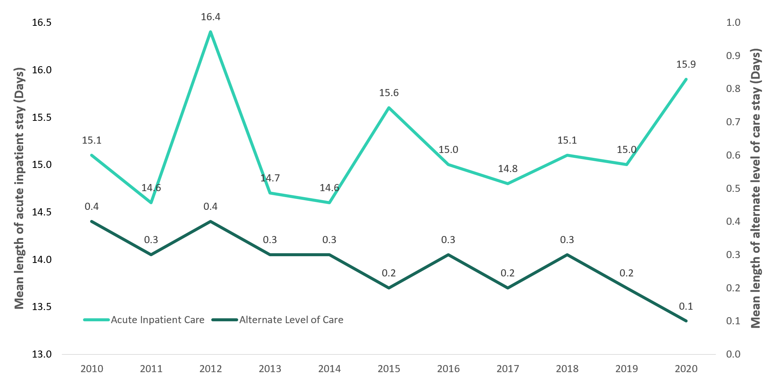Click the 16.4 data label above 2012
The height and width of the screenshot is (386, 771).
pyautogui.click(x=211, y=17)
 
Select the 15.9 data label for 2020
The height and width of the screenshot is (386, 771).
pyautogui.click(x=686, y=64)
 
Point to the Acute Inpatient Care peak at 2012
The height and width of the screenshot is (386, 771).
pyautogui.click(x=211, y=32)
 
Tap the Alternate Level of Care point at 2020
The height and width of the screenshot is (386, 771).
pyautogui.click(x=686, y=321)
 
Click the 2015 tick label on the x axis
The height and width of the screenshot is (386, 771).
pyautogui.click(x=389, y=369)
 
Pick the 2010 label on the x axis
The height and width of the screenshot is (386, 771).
pyautogui.click(x=92, y=369)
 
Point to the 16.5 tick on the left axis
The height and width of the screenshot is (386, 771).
pyautogui.click(x=41, y=22)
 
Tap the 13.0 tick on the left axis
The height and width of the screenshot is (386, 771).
pyautogui.click(x=41, y=354)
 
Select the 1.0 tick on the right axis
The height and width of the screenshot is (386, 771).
pyautogui.click(x=733, y=22)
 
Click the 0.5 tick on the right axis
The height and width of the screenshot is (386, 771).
pyautogui.click(x=733, y=189)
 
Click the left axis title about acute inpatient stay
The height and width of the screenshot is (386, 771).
pyautogui.click(x=19, y=188)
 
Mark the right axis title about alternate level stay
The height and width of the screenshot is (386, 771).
pyautogui.click(x=756, y=188)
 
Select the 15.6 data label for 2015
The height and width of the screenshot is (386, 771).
pyautogui.click(x=389, y=93)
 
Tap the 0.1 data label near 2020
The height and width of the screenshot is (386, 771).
pyautogui.click(x=686, y=306)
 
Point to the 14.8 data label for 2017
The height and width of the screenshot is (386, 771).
pyautogui.click(x=507, y=169)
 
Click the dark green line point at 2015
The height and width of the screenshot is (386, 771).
pyautogui.click(x=389, y=288)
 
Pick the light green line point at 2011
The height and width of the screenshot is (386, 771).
pyautogui.click(x=151, y=203)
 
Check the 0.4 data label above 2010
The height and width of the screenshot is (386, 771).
pyautogui.click(x=92, y=206)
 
